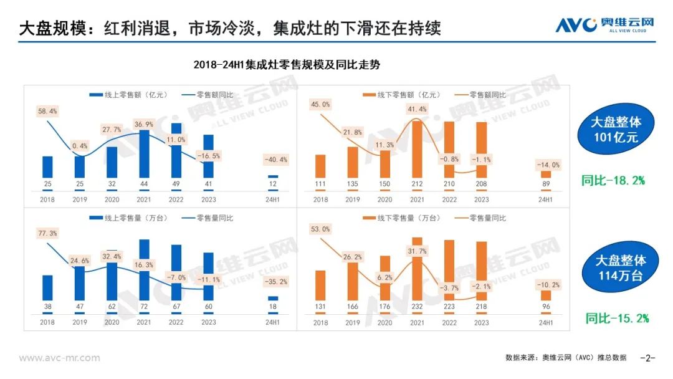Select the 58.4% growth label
(x=48, y=111)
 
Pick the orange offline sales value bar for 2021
(x=417, y=150)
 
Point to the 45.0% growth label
(x=320, y=105)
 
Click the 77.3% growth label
(x=48, y=233)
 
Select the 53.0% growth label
(x=320, y=229)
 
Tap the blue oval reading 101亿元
(x=615, y=130)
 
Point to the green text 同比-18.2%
(x=613, y=181)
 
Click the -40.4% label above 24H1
(x=274, y=160)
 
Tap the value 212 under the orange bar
(x=417, y=184)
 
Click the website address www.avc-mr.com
(x=59, y=358)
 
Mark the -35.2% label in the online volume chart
(x=274, y=282)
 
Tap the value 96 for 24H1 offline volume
(x=546, y=307)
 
